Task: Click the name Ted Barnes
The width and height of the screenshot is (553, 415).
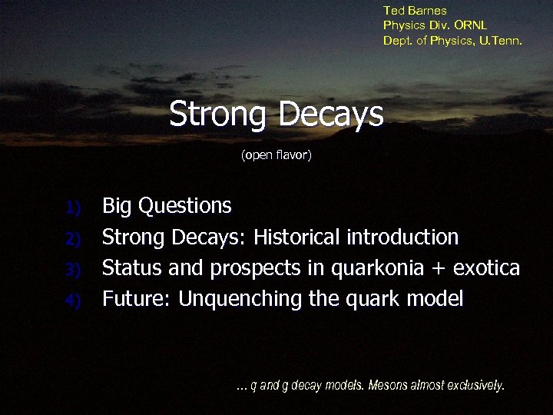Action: click(415, 11)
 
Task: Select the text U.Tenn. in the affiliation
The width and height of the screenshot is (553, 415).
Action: click(502, 40)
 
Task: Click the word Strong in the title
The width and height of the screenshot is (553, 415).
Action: click(219, 115)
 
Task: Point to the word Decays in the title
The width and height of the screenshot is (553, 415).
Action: click(331, 115)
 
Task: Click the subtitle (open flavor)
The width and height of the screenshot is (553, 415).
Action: click(276, 156)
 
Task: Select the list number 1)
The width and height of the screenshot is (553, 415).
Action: click(72, 207)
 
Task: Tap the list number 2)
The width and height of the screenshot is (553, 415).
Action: click(72, 238)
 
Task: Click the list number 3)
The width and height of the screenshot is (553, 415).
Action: click(72, 269)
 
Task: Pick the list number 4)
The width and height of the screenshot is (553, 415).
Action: click(72, 300)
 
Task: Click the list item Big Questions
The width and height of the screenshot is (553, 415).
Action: click(167, 206)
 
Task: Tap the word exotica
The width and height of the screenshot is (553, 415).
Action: click(486, 268)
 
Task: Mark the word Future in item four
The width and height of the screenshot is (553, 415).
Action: click(136, 299)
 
